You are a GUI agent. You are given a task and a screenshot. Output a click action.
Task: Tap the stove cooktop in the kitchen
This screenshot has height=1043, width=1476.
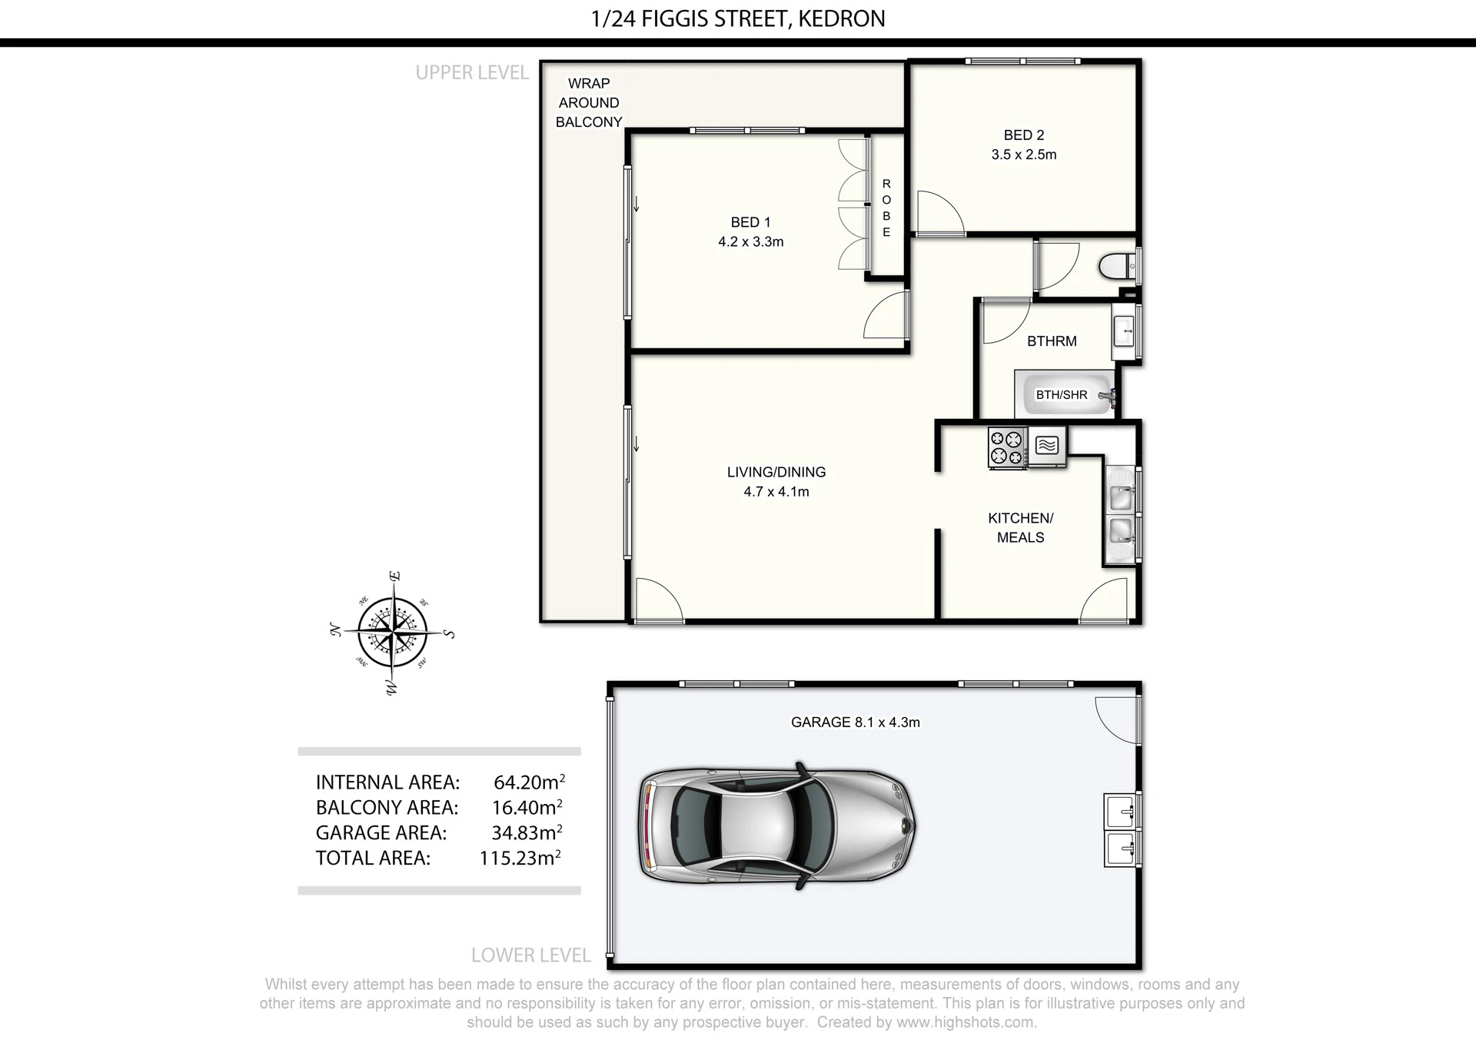click(x=1007, y=447)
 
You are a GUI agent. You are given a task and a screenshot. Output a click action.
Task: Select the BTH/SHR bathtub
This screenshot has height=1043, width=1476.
click(x=1065, y=394)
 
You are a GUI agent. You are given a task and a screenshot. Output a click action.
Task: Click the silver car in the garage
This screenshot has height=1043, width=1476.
click(x=777, y=826)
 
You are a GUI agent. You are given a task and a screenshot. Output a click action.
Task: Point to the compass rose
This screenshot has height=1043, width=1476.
click(x=394, y=633)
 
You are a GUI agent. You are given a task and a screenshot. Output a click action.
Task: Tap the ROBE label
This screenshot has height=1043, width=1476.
click(x=886, y=208)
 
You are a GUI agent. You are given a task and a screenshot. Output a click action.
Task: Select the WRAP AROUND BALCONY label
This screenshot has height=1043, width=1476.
click(x=589, y=102)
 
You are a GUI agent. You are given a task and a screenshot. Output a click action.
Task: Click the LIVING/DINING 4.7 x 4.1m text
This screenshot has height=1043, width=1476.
click(x=776, y=482)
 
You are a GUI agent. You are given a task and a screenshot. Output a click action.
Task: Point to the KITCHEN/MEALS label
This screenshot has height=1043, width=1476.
click(x=1020, y=527)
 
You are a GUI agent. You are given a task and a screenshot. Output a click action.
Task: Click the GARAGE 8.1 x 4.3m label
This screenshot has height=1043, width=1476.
click(x=856, y=722)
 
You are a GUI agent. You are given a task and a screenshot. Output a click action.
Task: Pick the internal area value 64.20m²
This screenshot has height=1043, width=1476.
click(x=529, y=782)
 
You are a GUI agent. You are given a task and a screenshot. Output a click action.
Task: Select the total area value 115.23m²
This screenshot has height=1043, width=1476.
click(x=520, y=858)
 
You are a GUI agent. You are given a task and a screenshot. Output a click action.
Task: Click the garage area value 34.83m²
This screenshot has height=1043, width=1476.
click(x=527, y=832)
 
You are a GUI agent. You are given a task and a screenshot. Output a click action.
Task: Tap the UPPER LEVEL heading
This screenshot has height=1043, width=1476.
click(x=472, y=72)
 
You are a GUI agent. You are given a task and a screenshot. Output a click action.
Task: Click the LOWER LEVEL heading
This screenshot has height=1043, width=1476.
click(x=531, y=955)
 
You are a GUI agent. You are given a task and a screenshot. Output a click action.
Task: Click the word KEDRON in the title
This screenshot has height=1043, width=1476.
click(x=842, y=18)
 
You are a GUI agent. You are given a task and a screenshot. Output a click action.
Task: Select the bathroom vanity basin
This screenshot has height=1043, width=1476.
click(x=1125, y=332)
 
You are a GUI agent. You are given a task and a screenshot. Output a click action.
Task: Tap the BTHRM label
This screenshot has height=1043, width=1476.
click(x=1052, y=340)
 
